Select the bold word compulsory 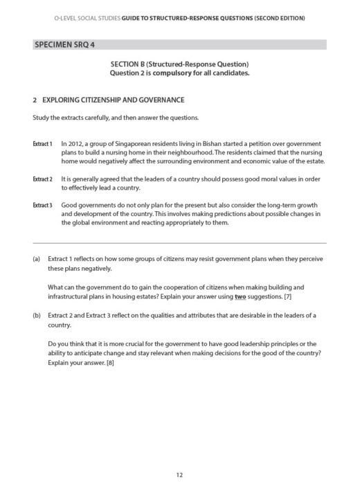(x=165, y=73)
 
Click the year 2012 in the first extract (x=75, y=144)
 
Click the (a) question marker (x=37, y=259)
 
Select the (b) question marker (x=37, y=316)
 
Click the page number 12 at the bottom (x=179, y=475)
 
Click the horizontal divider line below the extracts (x=179, y=242)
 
